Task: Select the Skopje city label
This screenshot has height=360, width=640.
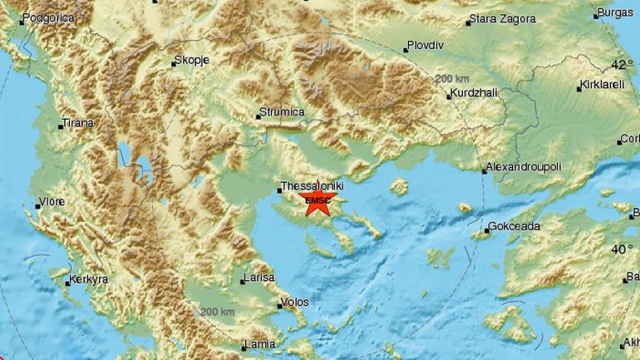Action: [x=189, y=61]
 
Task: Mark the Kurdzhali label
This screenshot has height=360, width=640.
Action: [x=475, y=94]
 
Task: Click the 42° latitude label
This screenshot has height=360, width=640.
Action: [x=621, y=65]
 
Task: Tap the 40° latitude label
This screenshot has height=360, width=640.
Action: [x=621, y=249]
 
